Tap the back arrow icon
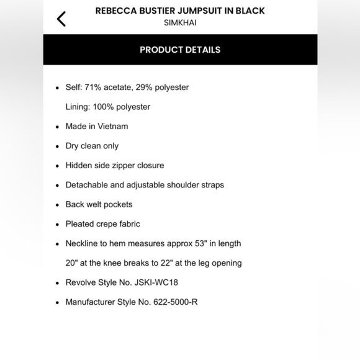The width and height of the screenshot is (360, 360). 61,19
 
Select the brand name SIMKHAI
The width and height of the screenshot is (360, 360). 180,23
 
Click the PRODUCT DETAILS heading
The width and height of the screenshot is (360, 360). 180,50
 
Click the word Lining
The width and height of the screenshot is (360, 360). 77,107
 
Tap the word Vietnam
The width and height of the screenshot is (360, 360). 112,127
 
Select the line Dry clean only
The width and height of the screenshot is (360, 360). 92,146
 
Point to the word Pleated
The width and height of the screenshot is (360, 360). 81,224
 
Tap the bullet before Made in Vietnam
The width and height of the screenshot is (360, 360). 58,127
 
